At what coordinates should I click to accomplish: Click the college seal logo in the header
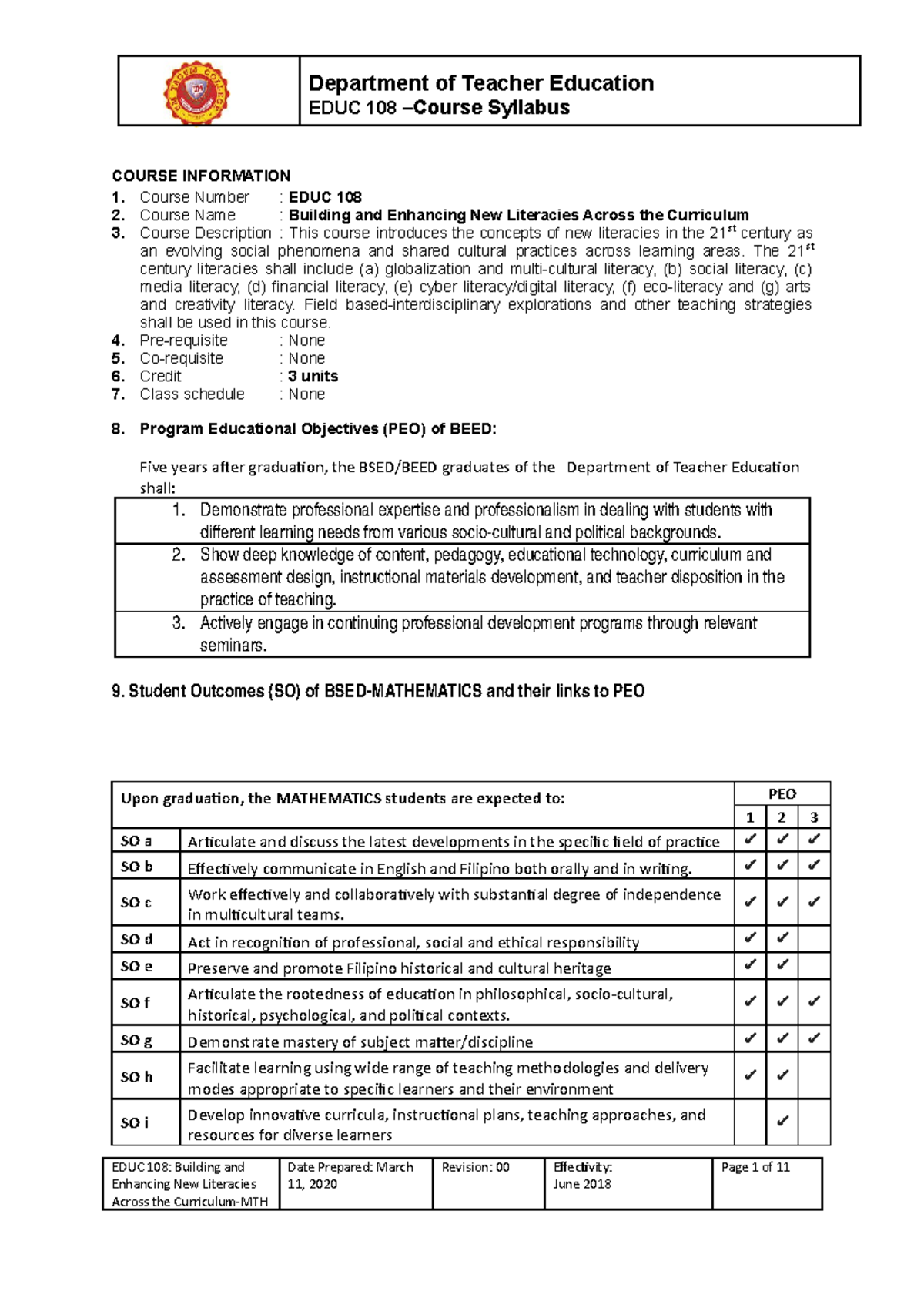pos(196,92)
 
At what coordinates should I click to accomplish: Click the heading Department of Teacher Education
pos(480,83)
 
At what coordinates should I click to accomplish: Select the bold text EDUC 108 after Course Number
pos(324,197)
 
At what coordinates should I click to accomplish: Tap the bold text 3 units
pos(313,376)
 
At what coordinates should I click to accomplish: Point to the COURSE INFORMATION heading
pos(201,176)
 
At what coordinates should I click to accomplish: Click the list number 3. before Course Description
pos(118,233)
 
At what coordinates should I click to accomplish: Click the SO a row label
pos(136,841)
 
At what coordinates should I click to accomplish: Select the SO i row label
pos(134,1122)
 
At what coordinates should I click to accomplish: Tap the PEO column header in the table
pos(782,794)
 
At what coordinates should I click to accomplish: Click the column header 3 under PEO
pos(814,817)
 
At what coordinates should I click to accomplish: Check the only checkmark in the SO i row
pos(782,1122)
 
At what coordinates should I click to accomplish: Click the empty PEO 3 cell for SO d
pos(814,939)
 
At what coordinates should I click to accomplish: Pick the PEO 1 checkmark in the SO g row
pos(750,1038)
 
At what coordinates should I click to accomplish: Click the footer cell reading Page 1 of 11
pos(755,1167)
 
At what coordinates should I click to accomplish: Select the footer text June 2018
pos(582,1184)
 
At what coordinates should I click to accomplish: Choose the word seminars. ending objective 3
pos(233,646)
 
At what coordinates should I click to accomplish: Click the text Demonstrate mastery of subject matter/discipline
pos(360,1042)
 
